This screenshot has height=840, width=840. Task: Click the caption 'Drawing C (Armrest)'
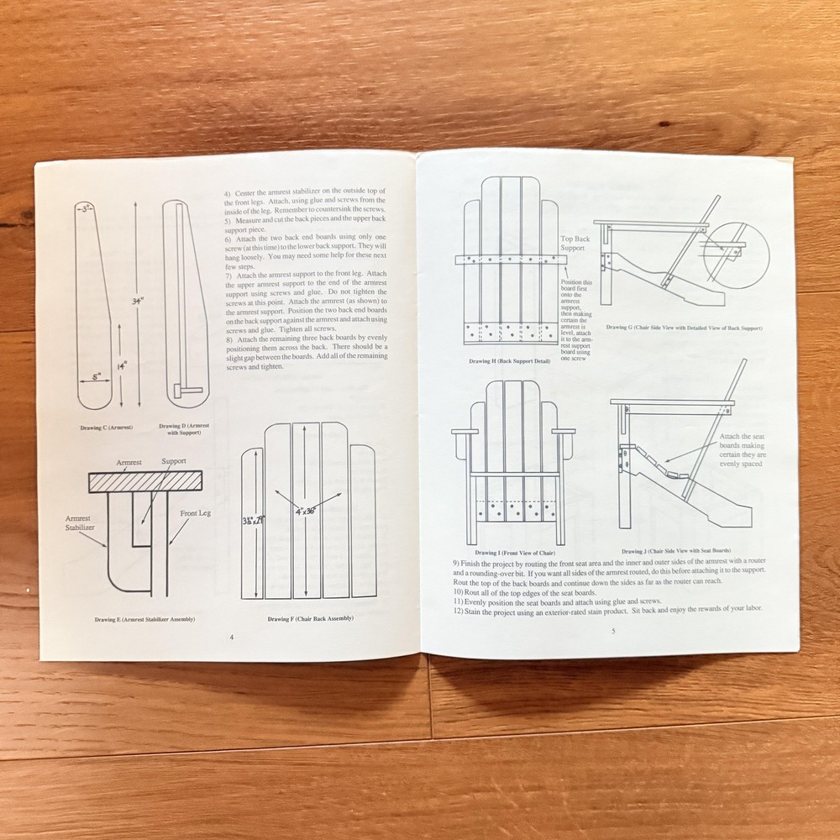pyautogui.click(x=108, y=428)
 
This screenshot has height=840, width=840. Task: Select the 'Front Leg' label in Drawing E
pyautogui.click(x=194, y=513)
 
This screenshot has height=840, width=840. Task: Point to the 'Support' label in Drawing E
pyautogui.click(x=174, y=462)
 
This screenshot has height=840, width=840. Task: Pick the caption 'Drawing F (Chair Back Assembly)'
pyautogui.click(x=310, y=619)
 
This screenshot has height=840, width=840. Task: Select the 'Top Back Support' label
pyautogui.click(x=575, y=244)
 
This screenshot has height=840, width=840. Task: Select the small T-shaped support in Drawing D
pyautogui.click(x=186, y=391)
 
